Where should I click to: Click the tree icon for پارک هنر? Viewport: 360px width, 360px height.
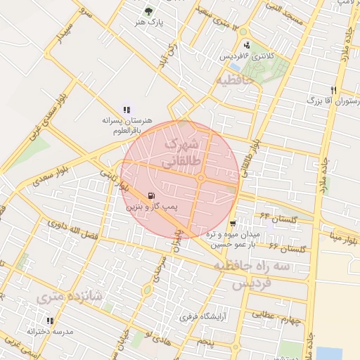pos(148,11)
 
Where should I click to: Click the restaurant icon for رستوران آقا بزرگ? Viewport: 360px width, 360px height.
pos(334,91)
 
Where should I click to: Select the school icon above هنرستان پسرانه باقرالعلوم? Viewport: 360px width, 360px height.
pos(127,110)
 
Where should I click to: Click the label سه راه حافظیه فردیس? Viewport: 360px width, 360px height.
pos(252,275)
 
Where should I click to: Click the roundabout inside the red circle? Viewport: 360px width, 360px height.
pos(201,178)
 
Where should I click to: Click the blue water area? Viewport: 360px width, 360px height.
pos(329,353)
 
